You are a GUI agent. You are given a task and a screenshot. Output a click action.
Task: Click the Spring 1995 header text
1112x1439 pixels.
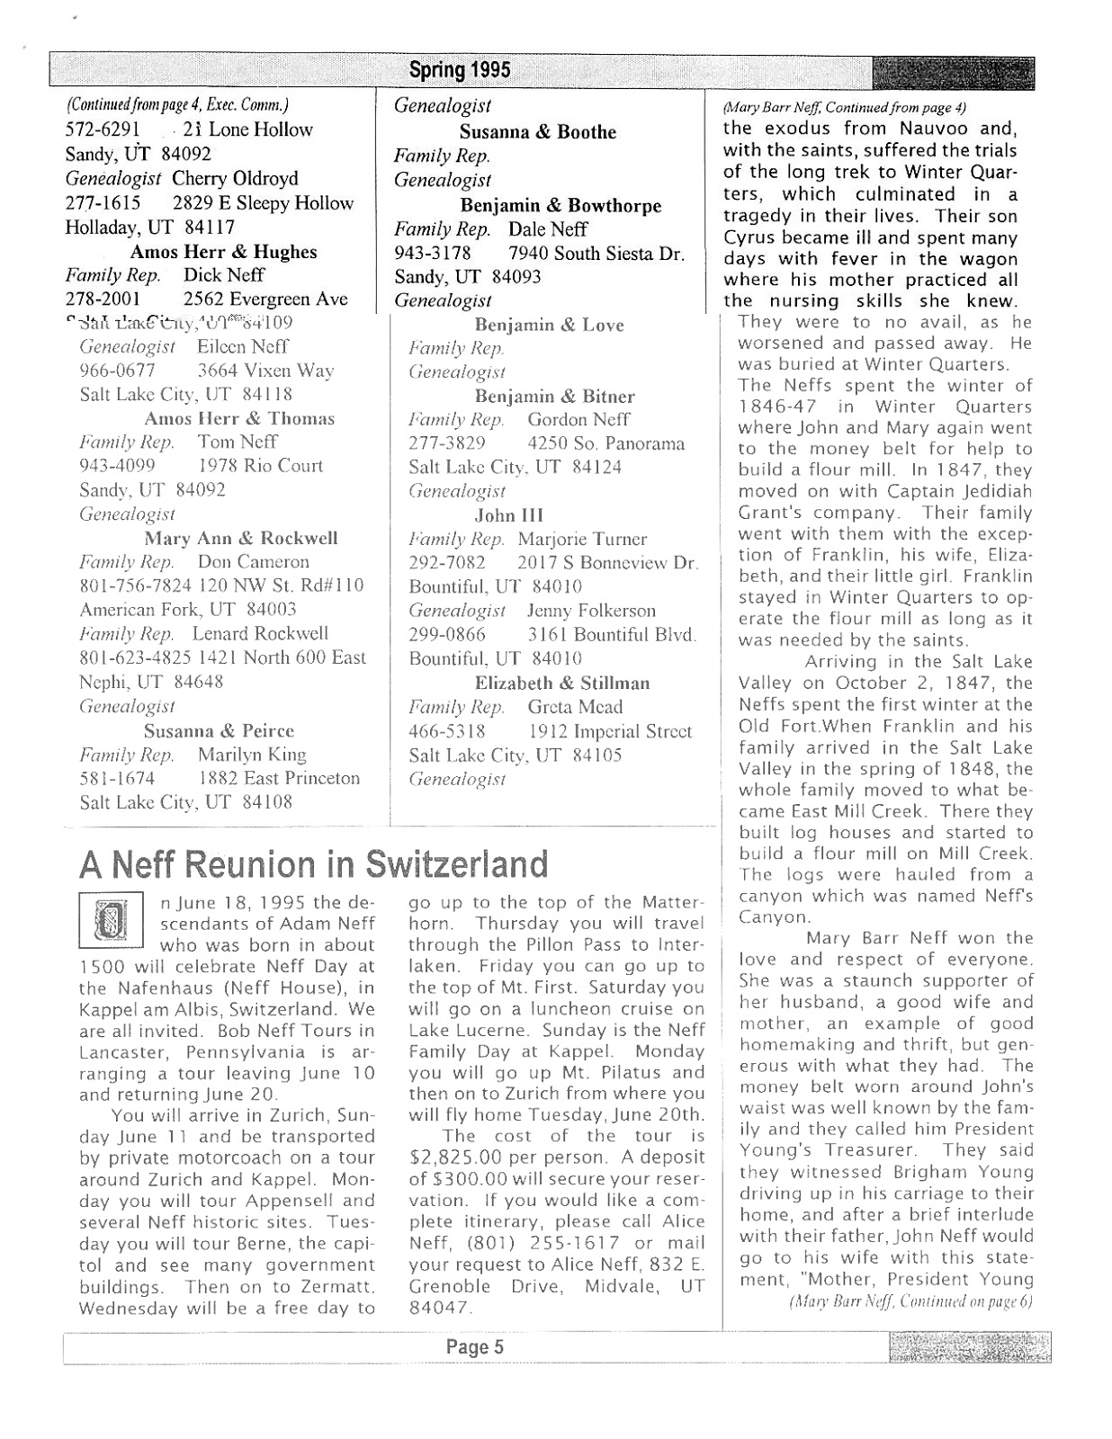[x=459, y=69]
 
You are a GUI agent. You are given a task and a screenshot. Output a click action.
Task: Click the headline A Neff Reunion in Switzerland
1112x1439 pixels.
[x=313, y=864]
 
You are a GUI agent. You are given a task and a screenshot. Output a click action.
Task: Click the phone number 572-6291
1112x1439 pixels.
[x=103, y=130]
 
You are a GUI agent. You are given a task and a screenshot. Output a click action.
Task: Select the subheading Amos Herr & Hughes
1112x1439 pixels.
[x=223, y=252]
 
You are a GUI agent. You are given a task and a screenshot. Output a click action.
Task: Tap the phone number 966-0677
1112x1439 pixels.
[x=117, y=371]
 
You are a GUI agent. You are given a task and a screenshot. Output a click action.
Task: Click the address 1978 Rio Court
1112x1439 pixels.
[x=260, y=466]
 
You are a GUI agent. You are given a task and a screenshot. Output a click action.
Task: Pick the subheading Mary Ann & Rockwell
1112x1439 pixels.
[x=241, y=538]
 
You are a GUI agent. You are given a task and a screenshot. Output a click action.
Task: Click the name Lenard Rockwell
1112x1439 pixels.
[x=260, y=633]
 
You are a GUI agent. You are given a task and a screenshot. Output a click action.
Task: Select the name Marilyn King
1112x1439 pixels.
[x=252, y=755]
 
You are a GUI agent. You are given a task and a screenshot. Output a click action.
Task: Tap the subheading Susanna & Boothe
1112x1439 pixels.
[x=538, y=132]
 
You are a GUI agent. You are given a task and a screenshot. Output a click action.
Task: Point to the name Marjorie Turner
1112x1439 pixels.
[x=582, y=540]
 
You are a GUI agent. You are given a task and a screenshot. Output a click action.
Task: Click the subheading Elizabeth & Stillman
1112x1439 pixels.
[x=562, y=683]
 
